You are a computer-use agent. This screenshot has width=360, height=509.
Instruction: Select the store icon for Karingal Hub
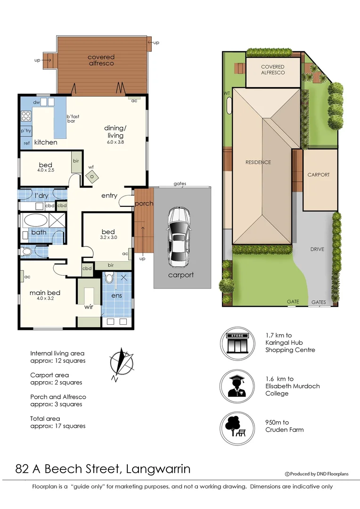[238, 344]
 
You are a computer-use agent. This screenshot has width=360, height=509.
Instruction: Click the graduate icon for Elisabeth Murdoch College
[238, 386]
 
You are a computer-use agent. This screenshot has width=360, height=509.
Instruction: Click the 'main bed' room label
[45, 293]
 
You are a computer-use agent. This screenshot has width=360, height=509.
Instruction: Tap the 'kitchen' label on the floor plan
[46, 142]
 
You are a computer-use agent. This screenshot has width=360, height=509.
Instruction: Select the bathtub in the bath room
[36, 221]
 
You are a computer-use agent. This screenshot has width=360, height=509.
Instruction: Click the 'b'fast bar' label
[74, 118]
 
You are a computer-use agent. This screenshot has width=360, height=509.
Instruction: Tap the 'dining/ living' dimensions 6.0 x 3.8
[115, 142]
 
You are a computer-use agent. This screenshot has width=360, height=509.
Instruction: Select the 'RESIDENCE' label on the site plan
[258, 162]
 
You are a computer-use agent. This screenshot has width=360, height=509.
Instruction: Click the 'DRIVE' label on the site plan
[317, 249]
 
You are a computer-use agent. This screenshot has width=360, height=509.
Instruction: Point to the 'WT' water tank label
[227, 93]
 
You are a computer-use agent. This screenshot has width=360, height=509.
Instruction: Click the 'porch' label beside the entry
[144, 204]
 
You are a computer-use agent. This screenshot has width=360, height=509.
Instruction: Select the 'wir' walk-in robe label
[89, 307]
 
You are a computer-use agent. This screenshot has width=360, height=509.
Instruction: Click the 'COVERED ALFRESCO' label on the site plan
[273, 70]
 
